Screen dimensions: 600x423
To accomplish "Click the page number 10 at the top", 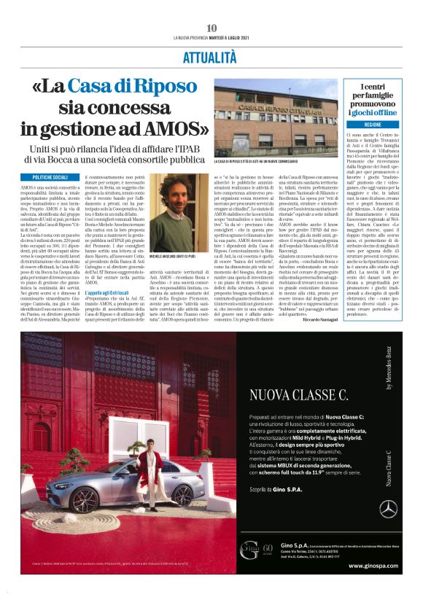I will click(x=211, y=28).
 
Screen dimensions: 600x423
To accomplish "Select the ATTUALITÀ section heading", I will click(x=211, y=58).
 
